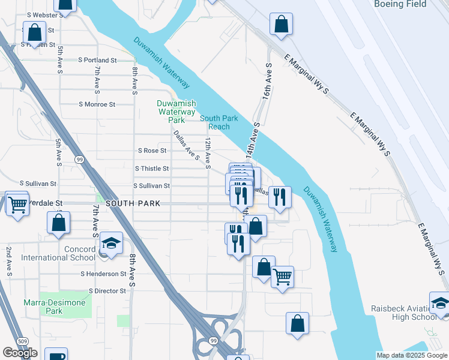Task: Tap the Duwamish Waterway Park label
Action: [176, 112]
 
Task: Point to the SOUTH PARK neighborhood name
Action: [133, 204]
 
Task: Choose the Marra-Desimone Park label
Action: [54, 307]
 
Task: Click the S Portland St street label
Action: [98, 61]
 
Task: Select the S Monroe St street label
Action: [97, 104]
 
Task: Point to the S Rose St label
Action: [151, 151]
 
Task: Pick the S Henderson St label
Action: [103, 274]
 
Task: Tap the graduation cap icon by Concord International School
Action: [111, 242]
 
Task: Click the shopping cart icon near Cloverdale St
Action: [17, 204]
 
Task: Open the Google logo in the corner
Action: [20, 353]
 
